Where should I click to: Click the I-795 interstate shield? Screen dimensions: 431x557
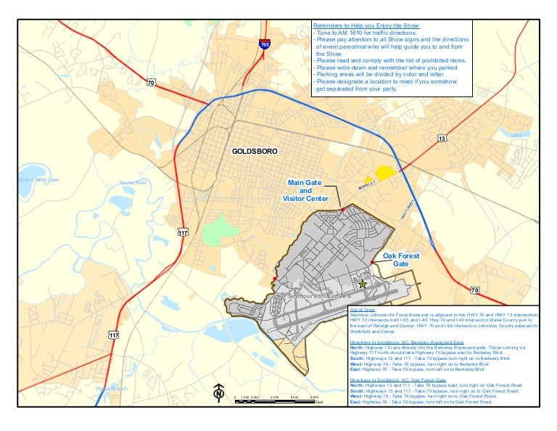[x=264, y=45]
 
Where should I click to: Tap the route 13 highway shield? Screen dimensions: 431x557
[x=442, y=138]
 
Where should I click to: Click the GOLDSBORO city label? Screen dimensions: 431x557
[x=255, y=152]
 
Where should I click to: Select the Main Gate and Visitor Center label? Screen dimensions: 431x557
[x=305, y=190]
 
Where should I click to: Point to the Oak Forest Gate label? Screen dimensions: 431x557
[x=401, y=260]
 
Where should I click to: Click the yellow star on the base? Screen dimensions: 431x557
[x=363, y=284]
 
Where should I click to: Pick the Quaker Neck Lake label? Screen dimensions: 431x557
[x=38, y=179]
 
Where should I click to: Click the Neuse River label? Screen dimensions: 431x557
[x=133, y=183]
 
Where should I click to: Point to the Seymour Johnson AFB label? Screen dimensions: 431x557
[x=319, y=297]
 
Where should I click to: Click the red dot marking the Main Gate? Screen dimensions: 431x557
[x=342, y=209]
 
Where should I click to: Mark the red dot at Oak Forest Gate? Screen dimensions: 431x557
[x=372, y=262]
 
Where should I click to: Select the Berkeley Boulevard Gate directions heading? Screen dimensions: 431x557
[x=406, y=341]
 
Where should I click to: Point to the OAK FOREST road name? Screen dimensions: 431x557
[x=407, y=210]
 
